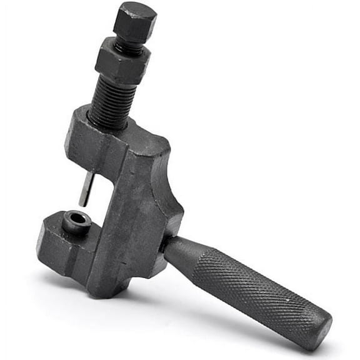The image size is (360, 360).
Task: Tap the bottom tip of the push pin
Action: click(84, 204)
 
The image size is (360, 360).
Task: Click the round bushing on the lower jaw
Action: click(76, 221)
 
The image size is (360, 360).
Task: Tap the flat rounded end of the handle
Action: click(321, 328)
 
